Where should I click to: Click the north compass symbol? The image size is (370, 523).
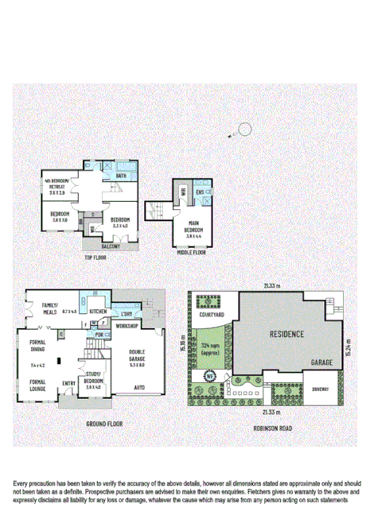(x=245, y=130)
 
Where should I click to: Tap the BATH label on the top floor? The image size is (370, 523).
(x=121, y=176)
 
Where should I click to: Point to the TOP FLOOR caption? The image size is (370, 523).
(x=95, y=258)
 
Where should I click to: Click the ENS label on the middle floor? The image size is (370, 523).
(x=200, y=192)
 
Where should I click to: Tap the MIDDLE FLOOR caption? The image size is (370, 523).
(x=192, y=252)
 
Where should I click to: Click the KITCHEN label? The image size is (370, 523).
(x=98, y=311)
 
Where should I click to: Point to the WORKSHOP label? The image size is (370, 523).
(x=127, y=326)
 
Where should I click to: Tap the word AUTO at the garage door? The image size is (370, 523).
(x=139, y=387)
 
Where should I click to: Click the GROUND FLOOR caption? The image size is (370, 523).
(x=105, y=424)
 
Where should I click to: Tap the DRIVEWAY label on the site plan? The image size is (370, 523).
(x=320, y=389)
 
